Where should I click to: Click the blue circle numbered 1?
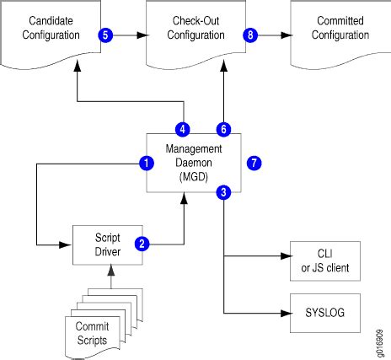pos(147,163)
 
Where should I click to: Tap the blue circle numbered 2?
pos(142,244)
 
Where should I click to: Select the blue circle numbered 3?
pos(223,192)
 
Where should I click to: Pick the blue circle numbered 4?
pos(183,130)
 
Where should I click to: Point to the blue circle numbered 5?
pos(105,35)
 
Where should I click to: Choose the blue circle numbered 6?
pos(223,130)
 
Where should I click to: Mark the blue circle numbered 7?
pos(254,163)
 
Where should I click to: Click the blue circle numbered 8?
pos(250,35)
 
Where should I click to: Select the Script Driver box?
pos(108,244)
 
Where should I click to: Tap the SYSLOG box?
pos(325,313)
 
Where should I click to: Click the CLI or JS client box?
pos(325,261)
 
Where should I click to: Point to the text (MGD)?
pos(194,177)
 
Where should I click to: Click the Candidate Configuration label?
pos(51,28)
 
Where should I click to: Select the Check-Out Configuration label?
pos(195,28)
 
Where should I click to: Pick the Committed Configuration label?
pos(340,28)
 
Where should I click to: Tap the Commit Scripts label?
pos(92,333)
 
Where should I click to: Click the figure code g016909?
pos(379,343)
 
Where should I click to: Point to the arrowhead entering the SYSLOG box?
pos(287,313)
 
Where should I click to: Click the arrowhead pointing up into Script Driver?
pos(111,270)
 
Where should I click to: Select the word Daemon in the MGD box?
pos(194,163)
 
